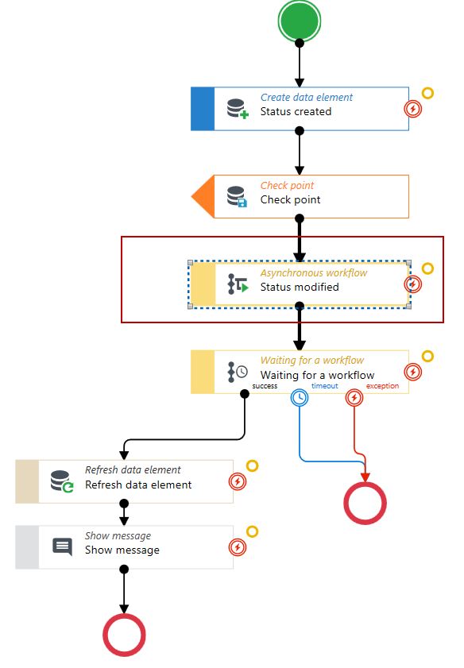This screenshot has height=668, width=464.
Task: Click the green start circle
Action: [299, 21]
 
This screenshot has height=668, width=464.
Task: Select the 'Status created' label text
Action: [296, 112]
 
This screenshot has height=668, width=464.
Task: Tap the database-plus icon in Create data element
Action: [238, 109]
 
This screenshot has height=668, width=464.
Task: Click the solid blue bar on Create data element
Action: [203, 109]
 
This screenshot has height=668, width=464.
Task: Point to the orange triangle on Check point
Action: [203, 196]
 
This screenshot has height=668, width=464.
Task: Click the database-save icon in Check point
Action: [237, 197]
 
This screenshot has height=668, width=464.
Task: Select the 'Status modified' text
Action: [300, 288]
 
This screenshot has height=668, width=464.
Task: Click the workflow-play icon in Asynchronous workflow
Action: [238, 284]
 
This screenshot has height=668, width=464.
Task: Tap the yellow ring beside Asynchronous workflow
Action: [427, 268]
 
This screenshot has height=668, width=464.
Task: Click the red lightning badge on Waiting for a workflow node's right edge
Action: [412, 372]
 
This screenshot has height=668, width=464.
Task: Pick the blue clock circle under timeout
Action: [300, 398]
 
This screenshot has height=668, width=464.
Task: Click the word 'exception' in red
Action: [383, 386]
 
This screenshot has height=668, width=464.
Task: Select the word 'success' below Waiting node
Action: [265, 386]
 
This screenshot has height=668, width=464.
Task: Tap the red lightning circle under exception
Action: [354, 398]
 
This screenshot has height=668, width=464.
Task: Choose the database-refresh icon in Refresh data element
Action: [62, 481]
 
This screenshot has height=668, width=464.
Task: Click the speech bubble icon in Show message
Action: [62, 547]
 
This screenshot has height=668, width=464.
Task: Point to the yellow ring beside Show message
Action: [252, 531]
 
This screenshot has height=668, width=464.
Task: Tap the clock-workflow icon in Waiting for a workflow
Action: [238, 372]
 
